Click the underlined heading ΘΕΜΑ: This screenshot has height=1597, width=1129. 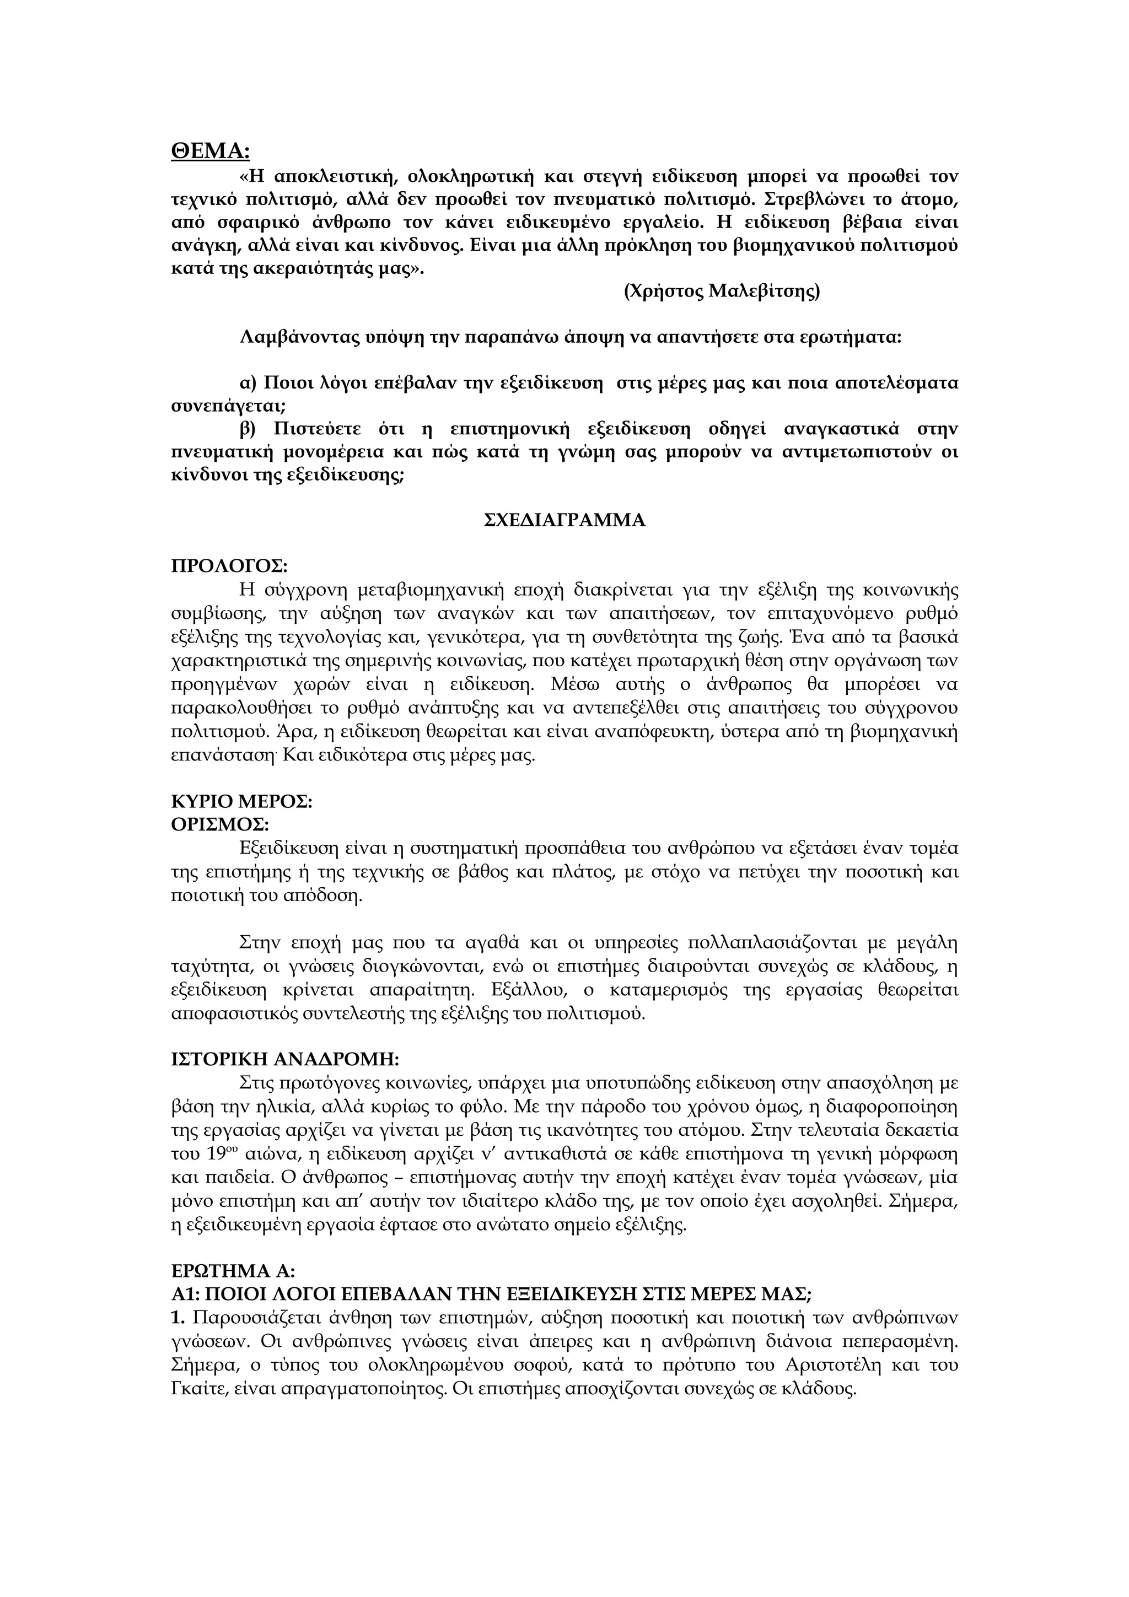click(x=210, y=151)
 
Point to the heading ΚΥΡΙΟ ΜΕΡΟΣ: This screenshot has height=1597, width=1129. click(x=241, y=801)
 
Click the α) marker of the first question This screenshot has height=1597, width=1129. click(x=248, y=383)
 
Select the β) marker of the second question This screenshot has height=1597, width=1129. click(x=248, y=429)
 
